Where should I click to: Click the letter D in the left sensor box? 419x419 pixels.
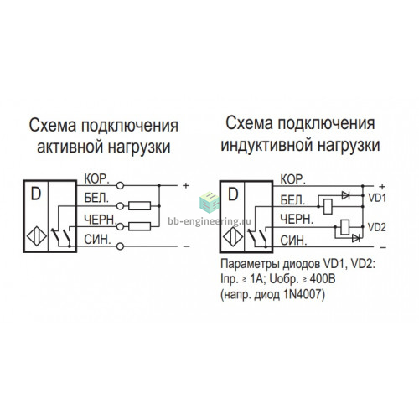pos(36,194)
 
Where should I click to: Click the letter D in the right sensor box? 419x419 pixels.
pos(233,194)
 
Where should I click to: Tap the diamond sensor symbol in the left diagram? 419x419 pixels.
pos(37,236)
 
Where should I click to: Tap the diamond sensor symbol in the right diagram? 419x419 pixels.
pos(233,237)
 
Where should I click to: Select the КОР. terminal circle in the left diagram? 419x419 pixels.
pos(120,185)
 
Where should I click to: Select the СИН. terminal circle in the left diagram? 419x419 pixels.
pos(120,246)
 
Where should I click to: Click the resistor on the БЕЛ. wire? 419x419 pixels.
pos(140,206)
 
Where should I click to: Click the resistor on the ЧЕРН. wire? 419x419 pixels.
pos(140,226)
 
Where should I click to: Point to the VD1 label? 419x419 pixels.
pos(377,198)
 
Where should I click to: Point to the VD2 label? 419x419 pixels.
pos(377,227)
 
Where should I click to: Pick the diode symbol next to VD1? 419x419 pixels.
pos(345,195)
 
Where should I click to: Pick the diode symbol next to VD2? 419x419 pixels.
pos(356,238)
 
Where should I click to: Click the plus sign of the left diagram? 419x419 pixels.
pos(186,185)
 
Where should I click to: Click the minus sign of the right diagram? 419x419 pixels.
pos(383,247)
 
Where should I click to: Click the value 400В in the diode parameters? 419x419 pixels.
pos(322,279)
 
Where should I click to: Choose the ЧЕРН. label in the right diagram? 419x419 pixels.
pos(297,220)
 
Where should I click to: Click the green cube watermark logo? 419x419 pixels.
pos(209,202)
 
